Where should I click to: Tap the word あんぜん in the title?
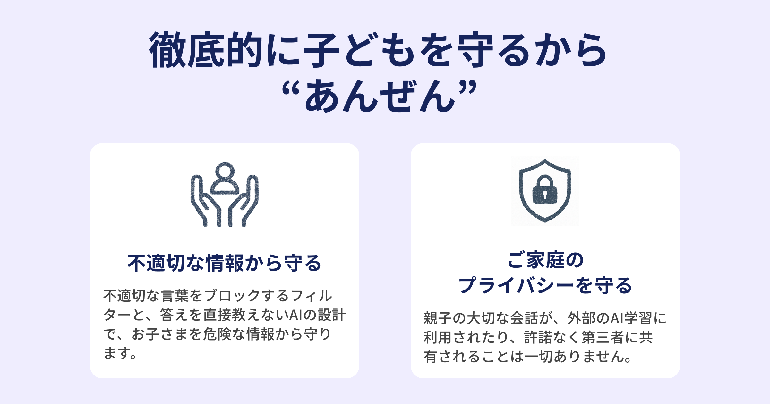(380, 96)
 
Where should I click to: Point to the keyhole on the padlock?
(545, 194)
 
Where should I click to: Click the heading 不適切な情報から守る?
(224, 263)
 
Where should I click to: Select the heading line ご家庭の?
(545, 260)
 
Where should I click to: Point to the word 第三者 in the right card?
(603, 337)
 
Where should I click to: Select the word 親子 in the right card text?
(438, 318)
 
